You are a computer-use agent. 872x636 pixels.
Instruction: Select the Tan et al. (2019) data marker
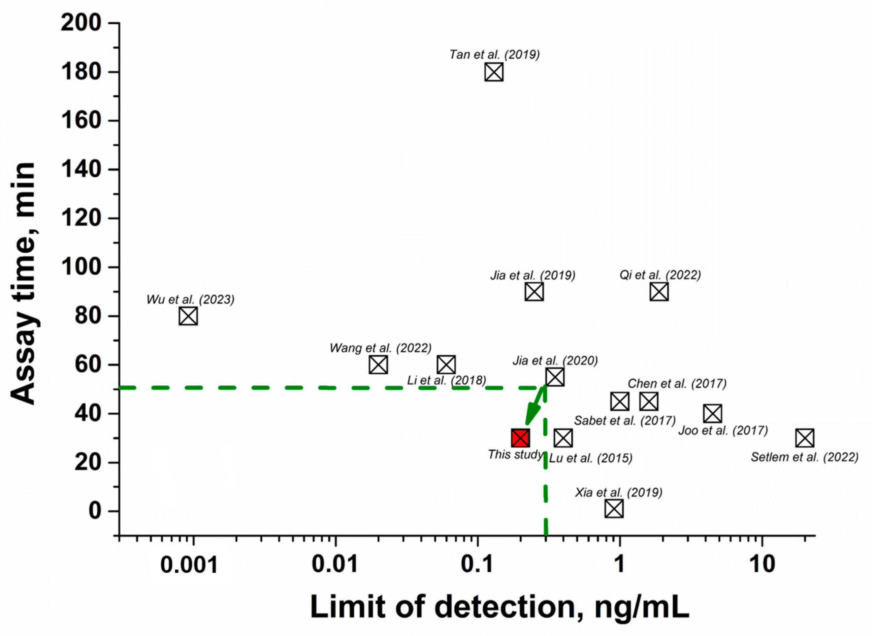click(x=494, y=72)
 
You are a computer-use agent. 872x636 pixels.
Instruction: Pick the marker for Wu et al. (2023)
click(x=188, y=316)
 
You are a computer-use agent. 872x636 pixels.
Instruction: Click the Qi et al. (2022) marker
click(x=659, y=291)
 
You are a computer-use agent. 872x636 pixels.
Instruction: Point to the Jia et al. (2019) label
click(x=532, y=275)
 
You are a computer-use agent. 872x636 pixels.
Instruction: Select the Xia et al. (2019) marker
click(x=614, y=509)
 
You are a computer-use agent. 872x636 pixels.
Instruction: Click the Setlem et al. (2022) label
click(x=804, y=457)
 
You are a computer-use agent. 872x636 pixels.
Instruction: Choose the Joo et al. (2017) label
click(x=723, y=430)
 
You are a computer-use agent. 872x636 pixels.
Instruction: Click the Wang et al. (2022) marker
click(x=378, y=364)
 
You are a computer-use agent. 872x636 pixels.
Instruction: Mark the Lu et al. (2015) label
click(x=590, y=458)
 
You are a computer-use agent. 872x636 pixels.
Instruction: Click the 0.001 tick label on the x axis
click(x=189, y=565)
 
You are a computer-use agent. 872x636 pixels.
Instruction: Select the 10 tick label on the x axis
click(x=762, y=565)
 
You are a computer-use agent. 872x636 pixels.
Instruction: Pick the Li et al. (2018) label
click(x=446, y=380)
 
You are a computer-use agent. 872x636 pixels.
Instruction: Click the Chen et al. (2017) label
click(x=677, y=383)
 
